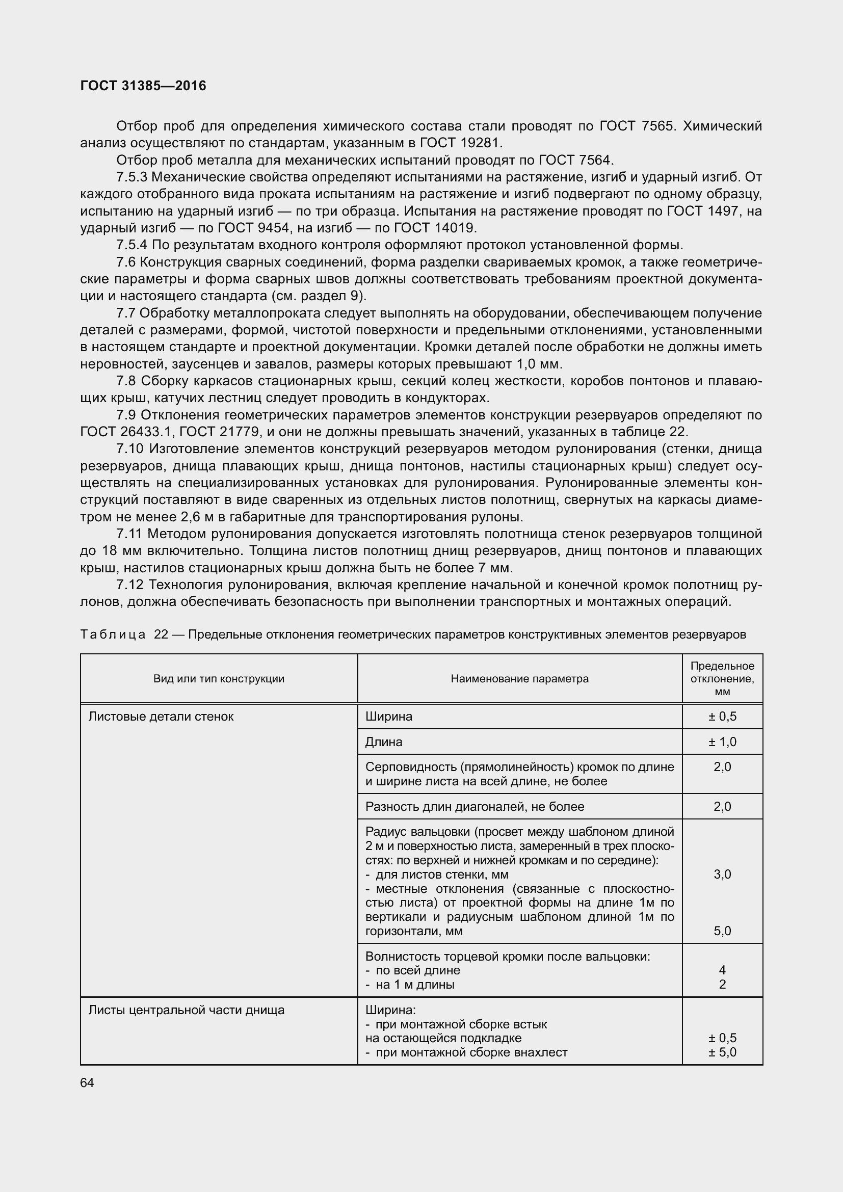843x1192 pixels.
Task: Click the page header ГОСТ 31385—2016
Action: (143, 86)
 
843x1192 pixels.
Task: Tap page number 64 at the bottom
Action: (87, 1082)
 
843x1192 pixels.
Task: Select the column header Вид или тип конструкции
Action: (219, 678)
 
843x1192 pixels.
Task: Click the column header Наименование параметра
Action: (519, 678)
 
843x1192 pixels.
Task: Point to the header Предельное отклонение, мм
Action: (722, 678)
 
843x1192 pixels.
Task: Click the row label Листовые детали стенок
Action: (161, 717)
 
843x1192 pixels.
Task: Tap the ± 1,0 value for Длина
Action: (722, 742)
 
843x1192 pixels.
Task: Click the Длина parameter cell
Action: (384, 742)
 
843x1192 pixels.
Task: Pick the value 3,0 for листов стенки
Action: (722, 875)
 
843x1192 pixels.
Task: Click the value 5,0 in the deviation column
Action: (722, 931)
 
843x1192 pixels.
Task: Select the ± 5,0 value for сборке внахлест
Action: (722, 1052)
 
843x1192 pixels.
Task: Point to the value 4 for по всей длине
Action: (722, 970)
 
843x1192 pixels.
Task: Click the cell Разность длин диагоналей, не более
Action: (475, 806)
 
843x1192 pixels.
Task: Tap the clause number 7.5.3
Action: (132, 177)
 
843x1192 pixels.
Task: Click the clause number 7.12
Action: (129, 585)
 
